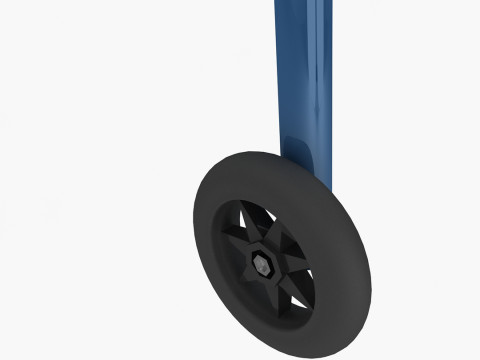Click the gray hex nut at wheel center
coord(261,267)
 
